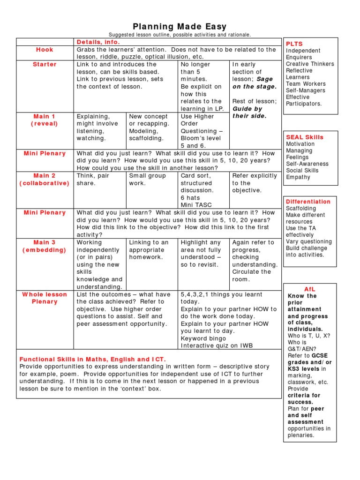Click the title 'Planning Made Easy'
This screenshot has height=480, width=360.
180,27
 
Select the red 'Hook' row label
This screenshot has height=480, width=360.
45,50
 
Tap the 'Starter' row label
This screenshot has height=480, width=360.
45,64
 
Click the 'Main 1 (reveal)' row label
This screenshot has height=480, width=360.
45,120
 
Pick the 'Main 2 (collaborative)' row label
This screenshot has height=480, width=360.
45,180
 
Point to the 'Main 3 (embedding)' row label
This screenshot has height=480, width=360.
45,246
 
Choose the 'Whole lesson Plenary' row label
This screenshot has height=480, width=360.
45,298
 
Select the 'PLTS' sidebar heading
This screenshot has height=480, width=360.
294,44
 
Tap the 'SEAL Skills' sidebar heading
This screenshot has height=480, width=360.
305,137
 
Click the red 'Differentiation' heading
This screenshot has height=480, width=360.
308,202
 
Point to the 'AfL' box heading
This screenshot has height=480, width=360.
310,289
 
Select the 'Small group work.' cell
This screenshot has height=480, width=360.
148,180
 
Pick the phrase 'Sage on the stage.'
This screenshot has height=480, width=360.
255,83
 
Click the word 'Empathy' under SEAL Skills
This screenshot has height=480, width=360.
298,177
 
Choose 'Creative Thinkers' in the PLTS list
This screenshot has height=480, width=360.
310,64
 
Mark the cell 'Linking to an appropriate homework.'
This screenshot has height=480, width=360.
149,250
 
